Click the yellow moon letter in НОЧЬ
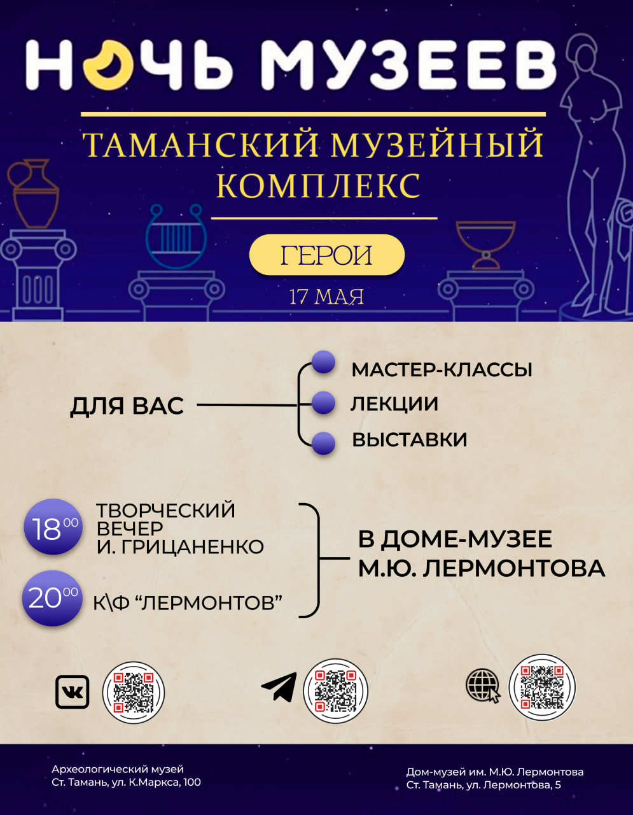108,65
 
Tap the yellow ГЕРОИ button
326,255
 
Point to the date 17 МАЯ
326,297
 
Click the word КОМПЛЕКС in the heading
319,186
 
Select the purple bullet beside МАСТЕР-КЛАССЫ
323,362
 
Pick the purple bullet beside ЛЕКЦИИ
323,403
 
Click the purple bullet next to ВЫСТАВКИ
323,443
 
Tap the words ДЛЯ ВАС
127,406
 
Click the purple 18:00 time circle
53,527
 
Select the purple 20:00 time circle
52,599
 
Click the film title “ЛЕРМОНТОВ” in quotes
212,603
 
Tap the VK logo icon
73,692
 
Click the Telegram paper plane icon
279,687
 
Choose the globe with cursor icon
483,686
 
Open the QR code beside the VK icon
134,692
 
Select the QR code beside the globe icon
542,687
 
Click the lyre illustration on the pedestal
176,236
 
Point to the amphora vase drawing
33,194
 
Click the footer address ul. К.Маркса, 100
157,783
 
